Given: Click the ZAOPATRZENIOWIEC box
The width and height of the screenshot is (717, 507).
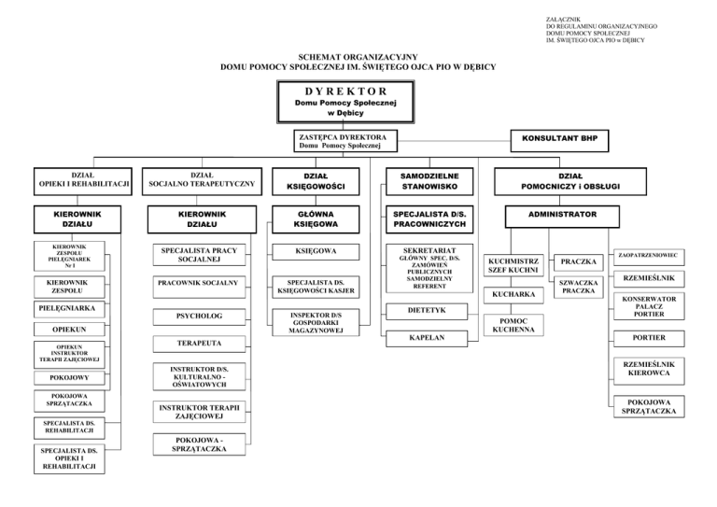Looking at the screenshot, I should [x=645, y=254].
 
